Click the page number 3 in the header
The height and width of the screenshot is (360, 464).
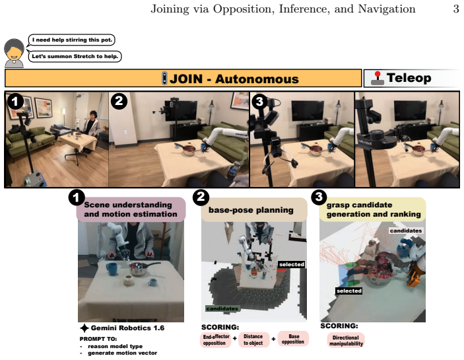click(455, 9)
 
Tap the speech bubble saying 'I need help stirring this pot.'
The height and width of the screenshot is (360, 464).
click(71, 40)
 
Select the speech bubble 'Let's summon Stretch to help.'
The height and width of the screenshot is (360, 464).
click(75, 56)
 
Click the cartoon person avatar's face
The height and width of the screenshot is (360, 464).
click(14, 54)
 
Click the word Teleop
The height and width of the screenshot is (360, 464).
click(409, 78)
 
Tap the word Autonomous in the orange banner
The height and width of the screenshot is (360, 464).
click(257, 79)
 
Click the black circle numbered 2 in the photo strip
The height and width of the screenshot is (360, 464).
click(119, 101)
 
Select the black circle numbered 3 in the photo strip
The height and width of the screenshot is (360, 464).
click(259, 102)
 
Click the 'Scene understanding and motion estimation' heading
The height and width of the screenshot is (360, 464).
click(131, 209)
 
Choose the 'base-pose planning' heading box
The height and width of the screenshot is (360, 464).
click(254, 210)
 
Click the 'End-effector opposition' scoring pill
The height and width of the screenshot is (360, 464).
click(216, 340)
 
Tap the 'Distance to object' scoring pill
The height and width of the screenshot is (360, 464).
click(253, 340)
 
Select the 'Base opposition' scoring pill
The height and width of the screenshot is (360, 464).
click(293, 339)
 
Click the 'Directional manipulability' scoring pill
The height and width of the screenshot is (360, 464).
click(346, 340)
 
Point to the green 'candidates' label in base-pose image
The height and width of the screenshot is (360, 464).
click(222, 308)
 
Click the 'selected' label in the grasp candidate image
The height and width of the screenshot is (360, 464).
click(349, 291)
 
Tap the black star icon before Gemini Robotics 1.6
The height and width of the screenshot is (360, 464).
click(84, 328)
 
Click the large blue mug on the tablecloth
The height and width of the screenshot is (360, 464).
click(112, 269)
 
